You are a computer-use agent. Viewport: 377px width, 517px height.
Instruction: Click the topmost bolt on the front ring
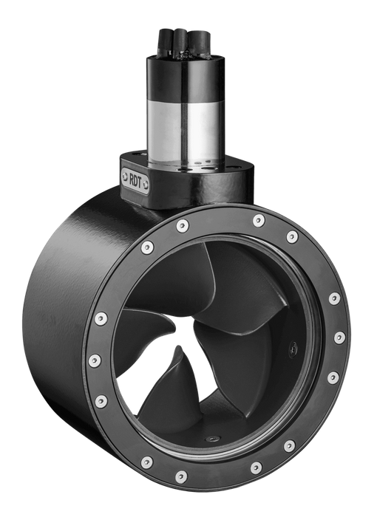[258, 220]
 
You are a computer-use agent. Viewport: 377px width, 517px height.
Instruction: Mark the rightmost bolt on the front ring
[339, 338]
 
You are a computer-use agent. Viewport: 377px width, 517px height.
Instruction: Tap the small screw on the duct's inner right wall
[291, 344]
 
